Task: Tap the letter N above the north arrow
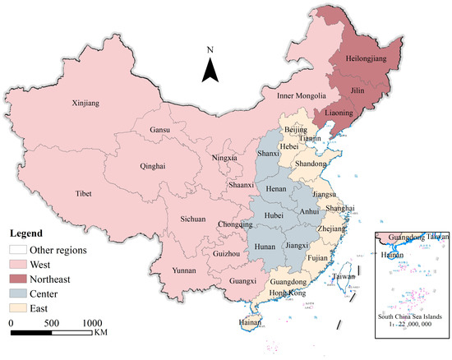coord(211,50)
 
